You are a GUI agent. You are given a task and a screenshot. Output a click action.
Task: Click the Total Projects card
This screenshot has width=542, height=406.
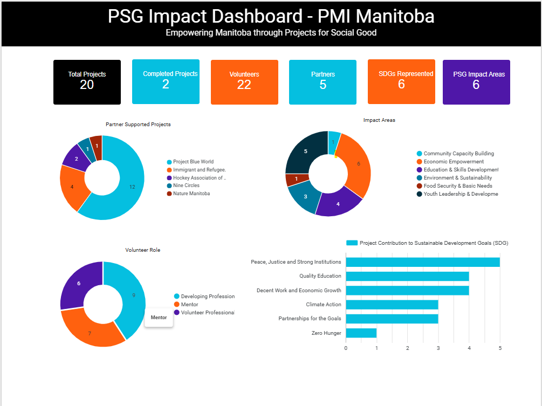click(87, 82)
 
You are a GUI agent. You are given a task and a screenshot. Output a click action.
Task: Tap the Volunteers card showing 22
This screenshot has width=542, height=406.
click(244, 82)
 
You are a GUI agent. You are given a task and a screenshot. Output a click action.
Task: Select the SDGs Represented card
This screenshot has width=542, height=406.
click(401, 81)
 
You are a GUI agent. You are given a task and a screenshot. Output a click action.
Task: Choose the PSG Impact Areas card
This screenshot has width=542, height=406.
click(476, 82)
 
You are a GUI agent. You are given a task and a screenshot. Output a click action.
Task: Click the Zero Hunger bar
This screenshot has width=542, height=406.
click(361, 333)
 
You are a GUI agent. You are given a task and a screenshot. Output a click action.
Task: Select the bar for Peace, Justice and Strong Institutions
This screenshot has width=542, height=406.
click(422, 262)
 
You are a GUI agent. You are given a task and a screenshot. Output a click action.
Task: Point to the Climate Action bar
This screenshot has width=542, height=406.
click(392, 305)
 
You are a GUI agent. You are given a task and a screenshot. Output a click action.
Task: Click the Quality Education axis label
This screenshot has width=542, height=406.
click(320, 276)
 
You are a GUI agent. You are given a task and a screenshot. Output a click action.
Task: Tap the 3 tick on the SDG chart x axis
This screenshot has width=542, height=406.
click(438, 348)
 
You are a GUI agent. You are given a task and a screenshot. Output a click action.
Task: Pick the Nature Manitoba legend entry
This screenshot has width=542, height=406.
click(191, 194)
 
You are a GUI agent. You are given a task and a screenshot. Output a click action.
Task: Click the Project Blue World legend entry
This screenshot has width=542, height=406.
click(193, 162)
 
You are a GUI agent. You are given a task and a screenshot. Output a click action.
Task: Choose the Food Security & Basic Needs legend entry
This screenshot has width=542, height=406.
click(457, 186)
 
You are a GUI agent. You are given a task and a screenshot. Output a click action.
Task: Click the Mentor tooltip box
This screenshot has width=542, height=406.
click(159, 318)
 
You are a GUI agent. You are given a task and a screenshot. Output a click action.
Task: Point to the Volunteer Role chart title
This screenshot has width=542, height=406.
click(142, 250)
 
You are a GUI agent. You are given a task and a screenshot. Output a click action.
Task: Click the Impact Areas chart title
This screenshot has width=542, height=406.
click(379, 120)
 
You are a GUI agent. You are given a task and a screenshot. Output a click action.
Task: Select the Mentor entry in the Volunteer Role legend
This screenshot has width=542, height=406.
click(189, 305)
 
